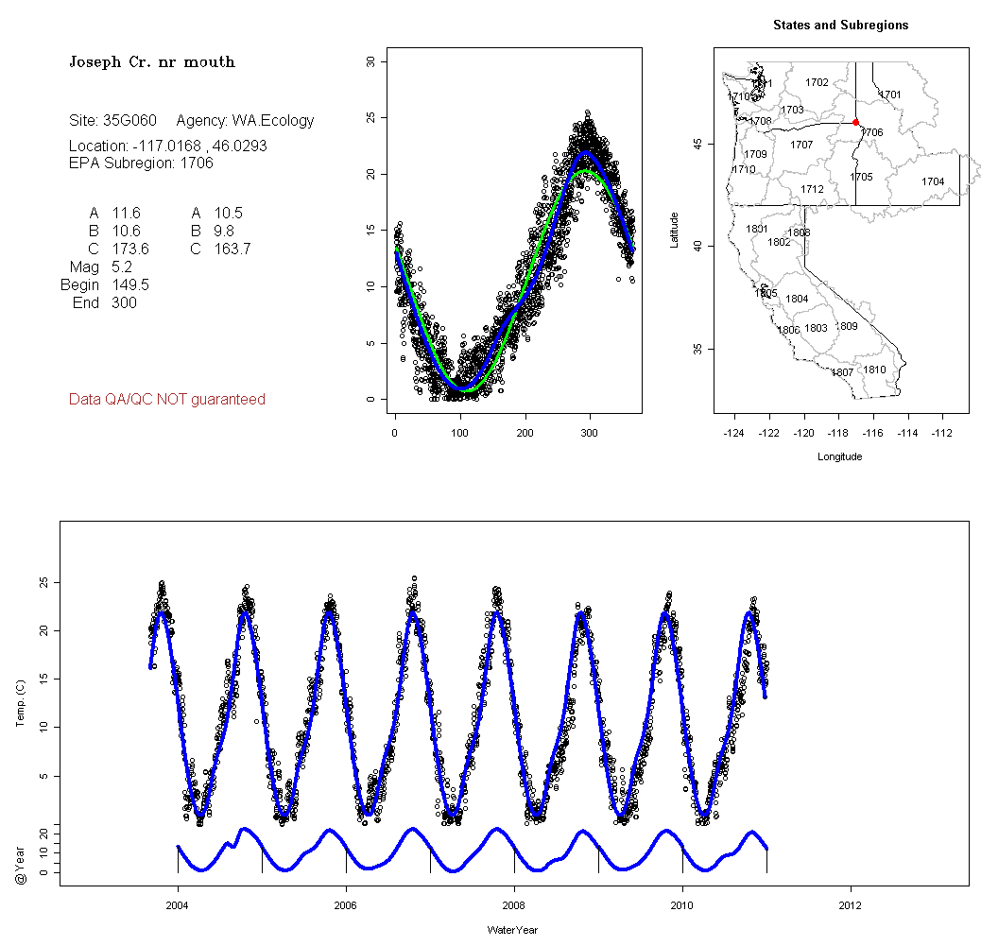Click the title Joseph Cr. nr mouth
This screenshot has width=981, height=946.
[151, 62]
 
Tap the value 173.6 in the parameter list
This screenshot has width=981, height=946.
[130, 249]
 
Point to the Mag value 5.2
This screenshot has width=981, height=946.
[122, 267]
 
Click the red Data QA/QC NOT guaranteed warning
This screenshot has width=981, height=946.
[167, 400]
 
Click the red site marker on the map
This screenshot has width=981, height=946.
[855, 122]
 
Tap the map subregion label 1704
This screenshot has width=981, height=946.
[933, 181]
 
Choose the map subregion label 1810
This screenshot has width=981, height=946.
[874, 370]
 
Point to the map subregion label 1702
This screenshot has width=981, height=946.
[817, 83]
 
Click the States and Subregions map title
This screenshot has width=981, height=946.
[840, 26]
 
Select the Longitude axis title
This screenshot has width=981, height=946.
[839, 456]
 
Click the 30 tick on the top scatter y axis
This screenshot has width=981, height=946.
[370, 61]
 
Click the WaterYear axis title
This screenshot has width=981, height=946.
[513, 930]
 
